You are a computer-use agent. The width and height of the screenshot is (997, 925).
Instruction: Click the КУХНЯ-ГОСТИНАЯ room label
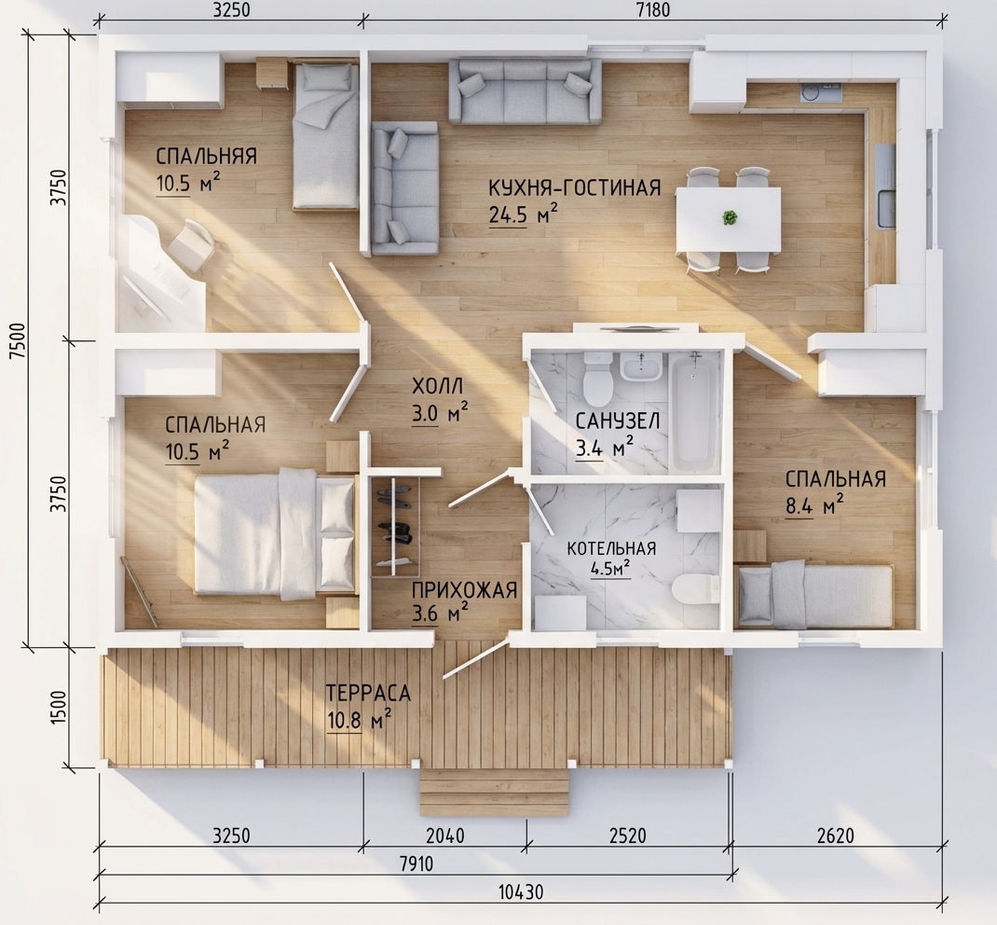pos(575,187)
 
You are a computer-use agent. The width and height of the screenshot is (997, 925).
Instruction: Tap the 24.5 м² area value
pos(524,214)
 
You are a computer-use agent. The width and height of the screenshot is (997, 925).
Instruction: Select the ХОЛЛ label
pos(437,386)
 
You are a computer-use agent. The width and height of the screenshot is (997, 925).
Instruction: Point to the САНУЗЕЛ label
pos(618,421)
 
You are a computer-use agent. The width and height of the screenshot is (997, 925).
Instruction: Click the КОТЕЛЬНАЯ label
pos(611,547)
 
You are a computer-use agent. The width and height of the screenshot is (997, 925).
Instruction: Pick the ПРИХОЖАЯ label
pos(464,589)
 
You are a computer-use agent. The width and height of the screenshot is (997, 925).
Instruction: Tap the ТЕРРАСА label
pos(368,693)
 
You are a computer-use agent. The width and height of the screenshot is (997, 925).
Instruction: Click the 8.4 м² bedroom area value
pos(814,505)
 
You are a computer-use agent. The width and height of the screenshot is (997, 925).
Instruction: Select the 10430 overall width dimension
pos(520,892)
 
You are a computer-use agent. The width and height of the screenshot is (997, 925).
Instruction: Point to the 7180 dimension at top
pos(653,10)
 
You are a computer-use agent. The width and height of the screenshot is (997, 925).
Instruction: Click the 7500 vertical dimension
pos(19,340)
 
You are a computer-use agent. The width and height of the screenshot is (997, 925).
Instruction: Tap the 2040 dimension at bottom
pos(445,835)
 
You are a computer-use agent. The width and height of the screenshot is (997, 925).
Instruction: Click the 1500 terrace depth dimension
pos(58,707)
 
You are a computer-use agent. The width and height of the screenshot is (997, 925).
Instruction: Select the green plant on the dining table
pos(730,217)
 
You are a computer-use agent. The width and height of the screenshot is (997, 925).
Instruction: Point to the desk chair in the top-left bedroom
pos(192,245)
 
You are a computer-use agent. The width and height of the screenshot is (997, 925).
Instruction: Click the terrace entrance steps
pos(494,793)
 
